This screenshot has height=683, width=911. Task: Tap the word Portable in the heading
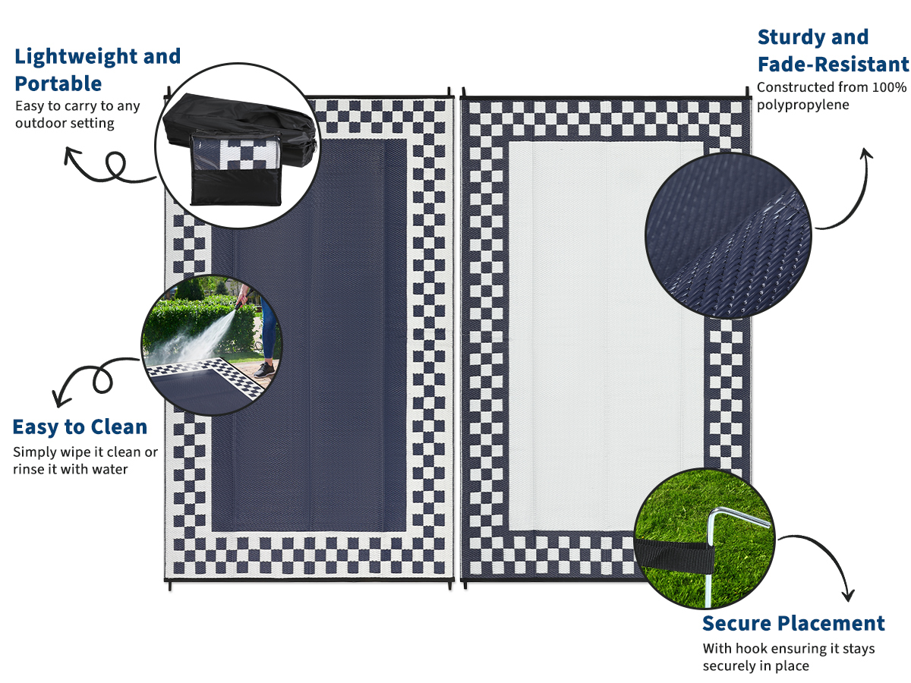click(58, 83)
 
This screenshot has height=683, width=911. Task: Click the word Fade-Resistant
click(833, 65)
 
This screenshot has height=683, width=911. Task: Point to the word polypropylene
click(802, 105)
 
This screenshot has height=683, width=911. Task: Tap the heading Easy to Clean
click(80, 427)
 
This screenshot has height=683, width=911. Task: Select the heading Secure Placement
click(793, 623)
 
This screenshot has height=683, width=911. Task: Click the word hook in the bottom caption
click(752, 648)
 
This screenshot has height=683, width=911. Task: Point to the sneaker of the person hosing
click(264, 369)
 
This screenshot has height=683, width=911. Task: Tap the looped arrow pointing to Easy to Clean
click(93, 376)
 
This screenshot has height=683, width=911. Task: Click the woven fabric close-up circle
click(728, 235)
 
